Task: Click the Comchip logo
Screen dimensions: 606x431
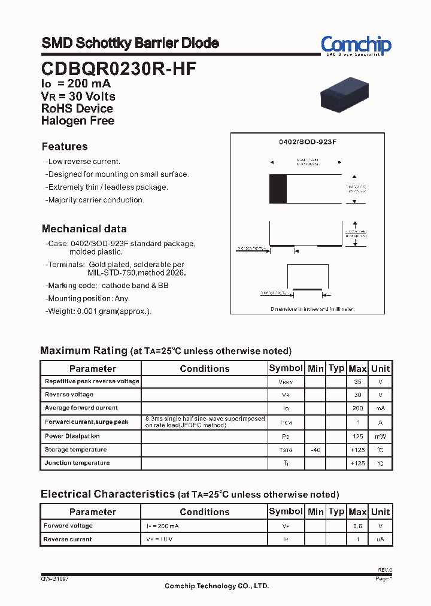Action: (356, 46)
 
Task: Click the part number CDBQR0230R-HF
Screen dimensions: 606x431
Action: (119, 69)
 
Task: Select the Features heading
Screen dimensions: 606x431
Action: (65, 147)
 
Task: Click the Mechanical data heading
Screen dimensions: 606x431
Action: (84, 229)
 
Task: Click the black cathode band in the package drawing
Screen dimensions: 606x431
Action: (278, 189)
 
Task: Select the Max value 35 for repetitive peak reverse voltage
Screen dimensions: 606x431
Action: (357, 381)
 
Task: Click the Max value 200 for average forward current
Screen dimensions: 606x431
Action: (357, 408)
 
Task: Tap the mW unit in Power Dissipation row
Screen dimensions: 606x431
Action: (380, 437)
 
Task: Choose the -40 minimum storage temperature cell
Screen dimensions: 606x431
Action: (315, 450)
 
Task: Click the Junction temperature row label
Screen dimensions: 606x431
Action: (77, 463)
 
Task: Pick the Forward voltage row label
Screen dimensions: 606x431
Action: (68, 526)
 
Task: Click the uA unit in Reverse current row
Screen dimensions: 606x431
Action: (380, 540)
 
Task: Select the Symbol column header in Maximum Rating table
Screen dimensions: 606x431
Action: (286, 368)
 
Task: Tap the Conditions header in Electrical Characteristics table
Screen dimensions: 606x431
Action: (204, 512)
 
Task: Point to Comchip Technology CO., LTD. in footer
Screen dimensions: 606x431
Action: (217, 586)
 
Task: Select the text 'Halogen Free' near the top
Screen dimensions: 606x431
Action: (78, 120)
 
